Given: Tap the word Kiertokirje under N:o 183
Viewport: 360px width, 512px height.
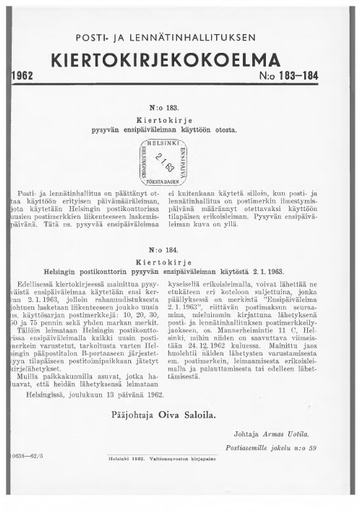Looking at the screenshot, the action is [177, 118].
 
